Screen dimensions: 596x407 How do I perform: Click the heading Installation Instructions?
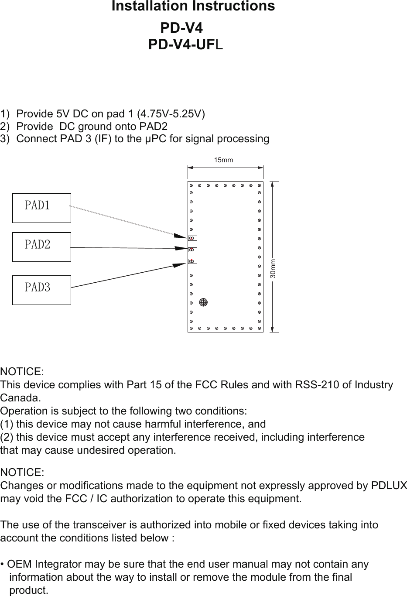193,7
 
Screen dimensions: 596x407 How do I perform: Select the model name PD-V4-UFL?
186,45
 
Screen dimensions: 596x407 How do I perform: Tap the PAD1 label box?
41,208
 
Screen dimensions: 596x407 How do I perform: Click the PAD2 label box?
41,247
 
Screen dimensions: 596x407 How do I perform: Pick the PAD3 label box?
41,290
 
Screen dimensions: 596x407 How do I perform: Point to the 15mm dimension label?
223,160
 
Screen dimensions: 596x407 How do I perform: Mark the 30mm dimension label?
273,269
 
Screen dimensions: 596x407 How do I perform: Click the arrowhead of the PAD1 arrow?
181,236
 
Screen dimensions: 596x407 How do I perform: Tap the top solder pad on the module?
192,238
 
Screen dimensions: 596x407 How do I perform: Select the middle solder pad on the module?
192,250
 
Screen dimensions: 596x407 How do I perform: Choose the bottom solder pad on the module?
192,261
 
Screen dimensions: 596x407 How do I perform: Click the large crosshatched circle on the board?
203,302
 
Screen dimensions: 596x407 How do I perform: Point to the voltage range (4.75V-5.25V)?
171,114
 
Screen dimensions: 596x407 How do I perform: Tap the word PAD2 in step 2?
153,127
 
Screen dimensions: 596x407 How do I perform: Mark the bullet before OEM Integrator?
3,565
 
